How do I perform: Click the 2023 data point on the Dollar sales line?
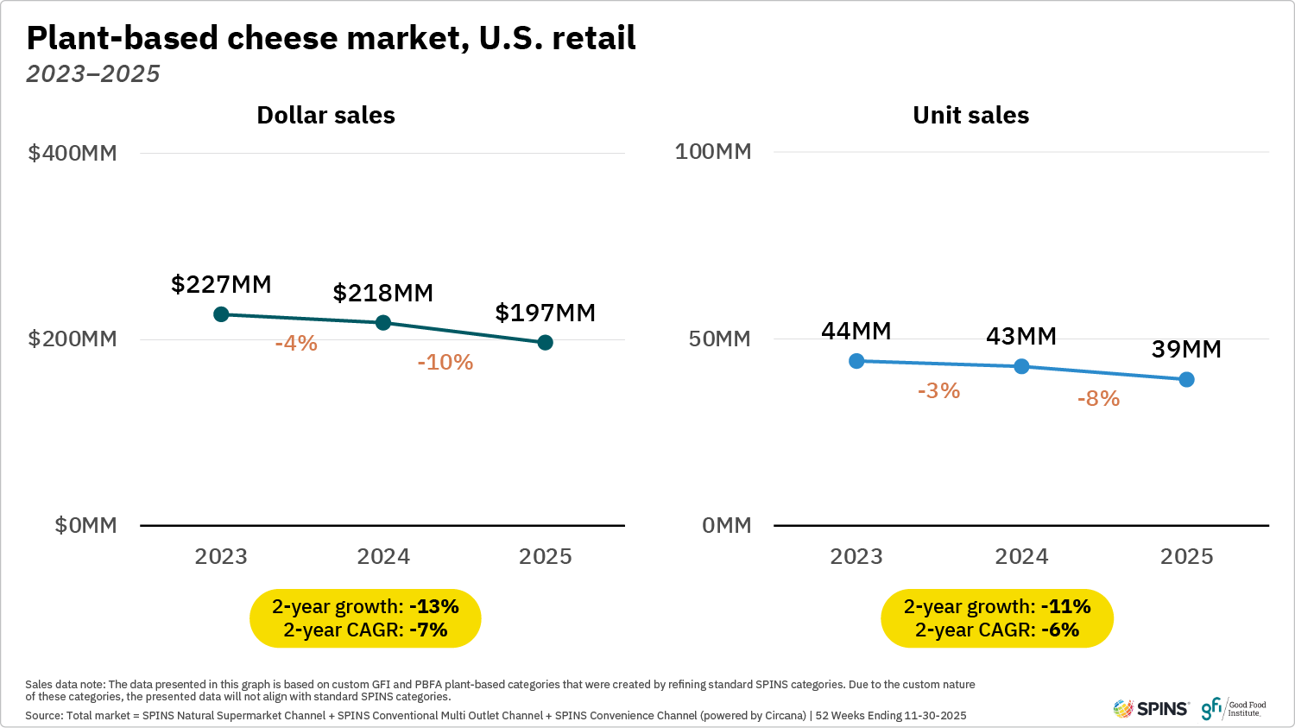221,314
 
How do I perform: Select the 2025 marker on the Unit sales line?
1186,379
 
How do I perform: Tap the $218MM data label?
383,294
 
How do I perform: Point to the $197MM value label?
545,313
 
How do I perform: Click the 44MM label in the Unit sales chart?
856,332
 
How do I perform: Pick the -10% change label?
445,363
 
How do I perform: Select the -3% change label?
938,391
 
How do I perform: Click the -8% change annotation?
1098,399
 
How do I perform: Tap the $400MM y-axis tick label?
73,154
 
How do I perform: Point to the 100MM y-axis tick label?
713,152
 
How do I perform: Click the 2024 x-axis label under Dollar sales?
383,557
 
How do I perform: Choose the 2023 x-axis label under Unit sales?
856,557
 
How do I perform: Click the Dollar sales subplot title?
325,116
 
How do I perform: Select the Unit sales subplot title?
970,116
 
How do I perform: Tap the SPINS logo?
1151,709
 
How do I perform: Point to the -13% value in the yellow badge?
433,607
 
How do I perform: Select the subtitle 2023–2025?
93,74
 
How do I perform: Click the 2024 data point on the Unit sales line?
1021,366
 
